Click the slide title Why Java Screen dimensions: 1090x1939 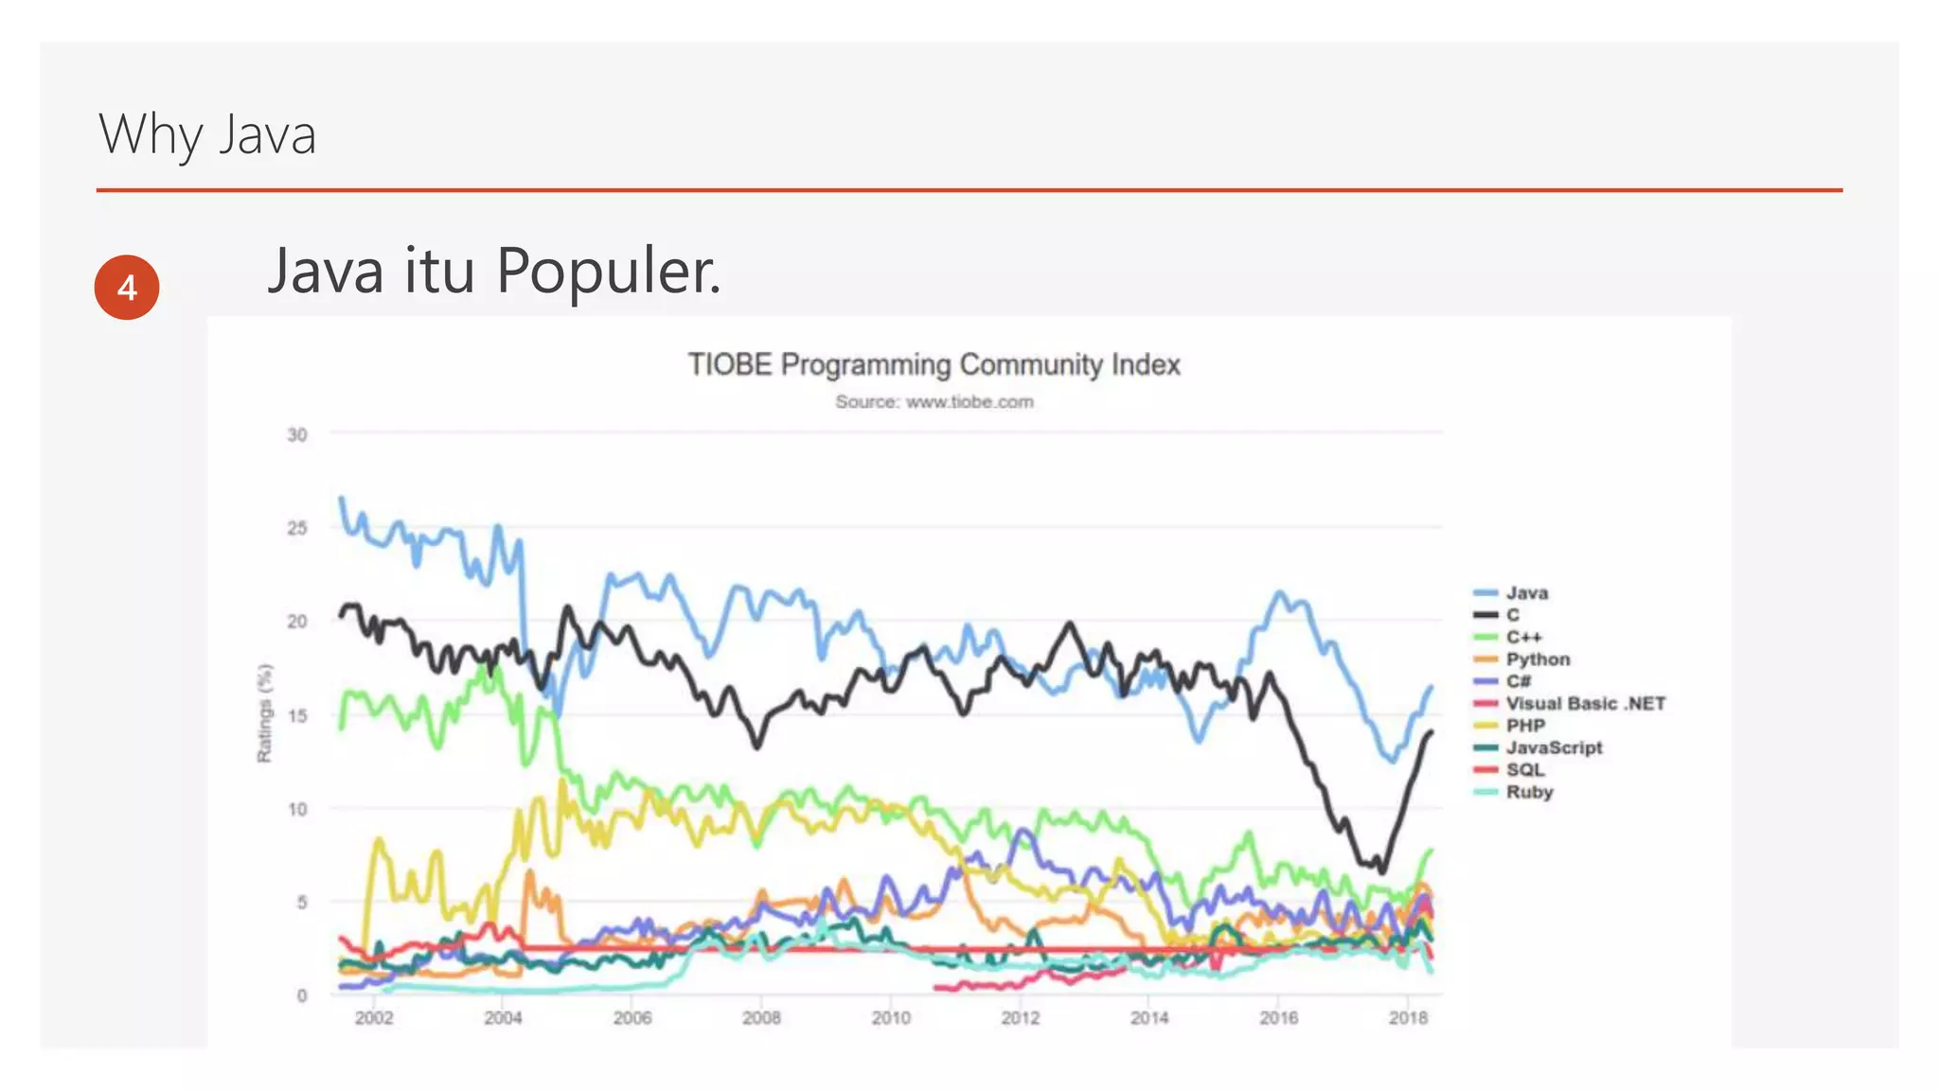(x=206, y=134)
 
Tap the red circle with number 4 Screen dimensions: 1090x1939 (x=127, y=287)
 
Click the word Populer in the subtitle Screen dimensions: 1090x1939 (x=608, y=272)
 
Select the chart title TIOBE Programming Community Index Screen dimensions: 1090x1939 (x=934, y=364)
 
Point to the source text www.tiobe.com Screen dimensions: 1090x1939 (x=969, y=402)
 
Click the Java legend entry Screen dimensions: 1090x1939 (x=1526, y=593)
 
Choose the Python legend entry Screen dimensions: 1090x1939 (x=1538, y=659)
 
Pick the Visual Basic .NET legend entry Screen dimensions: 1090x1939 (x=1585, y=704)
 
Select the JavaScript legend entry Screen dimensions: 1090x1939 (x=1554, y=747)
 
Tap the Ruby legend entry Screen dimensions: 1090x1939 (x=1529, y=792)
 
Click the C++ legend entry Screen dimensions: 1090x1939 (x=1523, y=638)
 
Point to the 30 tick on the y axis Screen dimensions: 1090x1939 (x=297, y=435)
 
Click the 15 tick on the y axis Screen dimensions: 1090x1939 (x=297, y=716)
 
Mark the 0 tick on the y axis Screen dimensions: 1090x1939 (x=302, y=995)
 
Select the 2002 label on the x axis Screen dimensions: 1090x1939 (x=373, y=1019)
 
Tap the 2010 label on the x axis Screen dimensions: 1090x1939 (x=890, y=1019)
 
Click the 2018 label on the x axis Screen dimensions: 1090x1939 (x=1407, y=1019)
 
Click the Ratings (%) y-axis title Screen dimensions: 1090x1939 (x=265, y=712)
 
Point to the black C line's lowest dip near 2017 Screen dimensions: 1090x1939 (x=1382, y=870)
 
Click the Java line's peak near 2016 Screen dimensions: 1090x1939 (x=1280, y=594)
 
